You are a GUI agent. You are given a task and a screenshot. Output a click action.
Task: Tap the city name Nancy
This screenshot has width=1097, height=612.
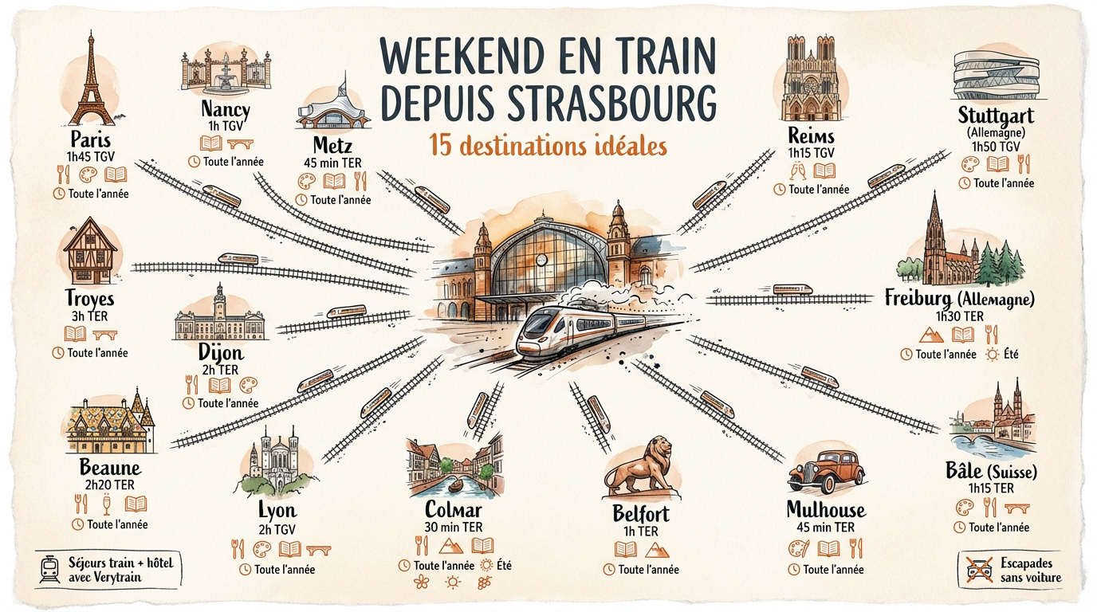pyautogui.click(x=225, y=109)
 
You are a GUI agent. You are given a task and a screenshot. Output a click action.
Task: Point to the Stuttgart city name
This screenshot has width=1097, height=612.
pyautogui.click(x=995, y=116)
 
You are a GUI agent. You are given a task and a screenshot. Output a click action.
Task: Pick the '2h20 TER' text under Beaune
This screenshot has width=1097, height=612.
pyautogui.click(x=110, y=484)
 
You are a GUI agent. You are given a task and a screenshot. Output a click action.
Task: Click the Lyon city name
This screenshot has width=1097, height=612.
pyautogui.click(x=277, y=511)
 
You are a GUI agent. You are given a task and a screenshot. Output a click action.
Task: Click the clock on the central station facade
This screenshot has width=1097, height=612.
pyautogui.click(x=542, y=259)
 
